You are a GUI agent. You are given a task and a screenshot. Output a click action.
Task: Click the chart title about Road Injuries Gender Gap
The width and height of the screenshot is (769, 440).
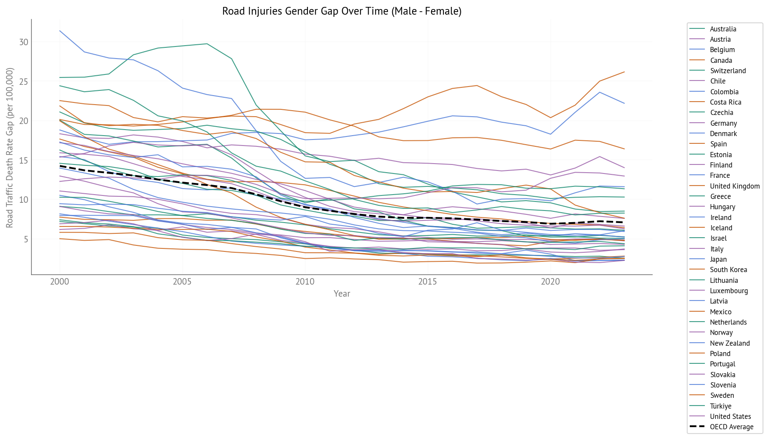pos(341,11)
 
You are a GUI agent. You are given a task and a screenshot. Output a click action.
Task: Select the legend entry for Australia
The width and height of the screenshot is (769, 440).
pos(723,29)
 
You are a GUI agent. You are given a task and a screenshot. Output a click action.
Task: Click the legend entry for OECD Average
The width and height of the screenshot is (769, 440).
pos(732,427)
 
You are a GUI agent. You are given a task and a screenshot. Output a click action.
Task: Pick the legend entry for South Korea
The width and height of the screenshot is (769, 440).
pos(728,270)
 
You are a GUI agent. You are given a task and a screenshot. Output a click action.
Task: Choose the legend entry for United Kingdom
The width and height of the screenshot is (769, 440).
pos(735,186)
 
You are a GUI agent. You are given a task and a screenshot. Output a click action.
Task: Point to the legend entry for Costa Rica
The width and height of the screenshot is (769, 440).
pos(726,102)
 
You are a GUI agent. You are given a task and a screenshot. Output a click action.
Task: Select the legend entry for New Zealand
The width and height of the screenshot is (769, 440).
pos(729,343)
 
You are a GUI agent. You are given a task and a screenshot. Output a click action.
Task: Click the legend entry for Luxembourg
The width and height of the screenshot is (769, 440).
pos(729,291)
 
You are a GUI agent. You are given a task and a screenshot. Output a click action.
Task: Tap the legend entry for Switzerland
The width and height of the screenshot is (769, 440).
pos(728,71)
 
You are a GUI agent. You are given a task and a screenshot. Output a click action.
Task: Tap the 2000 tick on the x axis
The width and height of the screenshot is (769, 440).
pos(59,282)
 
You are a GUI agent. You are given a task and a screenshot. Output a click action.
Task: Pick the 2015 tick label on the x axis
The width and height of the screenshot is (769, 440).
pos(428,282)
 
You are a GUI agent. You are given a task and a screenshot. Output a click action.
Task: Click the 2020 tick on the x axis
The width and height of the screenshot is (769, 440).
pos(550,282)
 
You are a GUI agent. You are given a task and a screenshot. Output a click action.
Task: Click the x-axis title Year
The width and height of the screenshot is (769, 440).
pos(342,294)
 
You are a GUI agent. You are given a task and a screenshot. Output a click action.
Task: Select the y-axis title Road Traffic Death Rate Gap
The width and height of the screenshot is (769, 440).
pos(10,147)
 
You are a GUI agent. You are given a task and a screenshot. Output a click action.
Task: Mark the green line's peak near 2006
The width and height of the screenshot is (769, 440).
pos(207,43)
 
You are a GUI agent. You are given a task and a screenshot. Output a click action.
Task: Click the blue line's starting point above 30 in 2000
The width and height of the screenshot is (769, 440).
pos(59,31)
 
